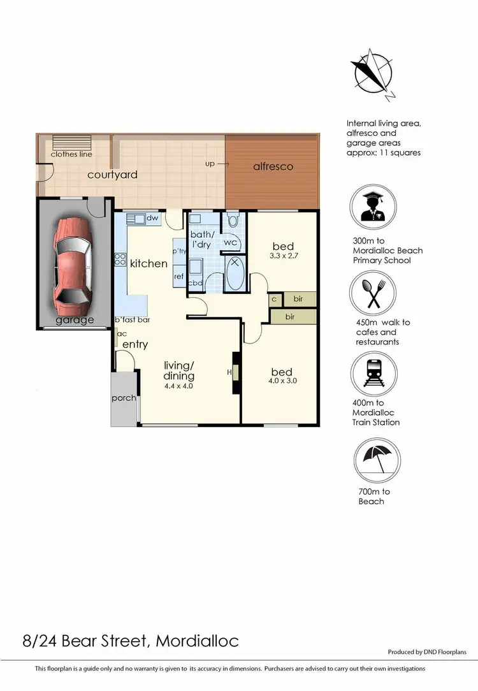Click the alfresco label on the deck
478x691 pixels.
coord(273,166)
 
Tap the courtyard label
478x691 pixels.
coord(112,175)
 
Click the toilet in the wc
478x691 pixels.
coord(233,221)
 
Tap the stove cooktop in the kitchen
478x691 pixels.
coord(119,259)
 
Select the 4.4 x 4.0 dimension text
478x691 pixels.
coord(178,386)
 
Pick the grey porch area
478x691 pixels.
coord(124,398)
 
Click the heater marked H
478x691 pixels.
coord(235,371)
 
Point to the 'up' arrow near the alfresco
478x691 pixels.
coord(217,164)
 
